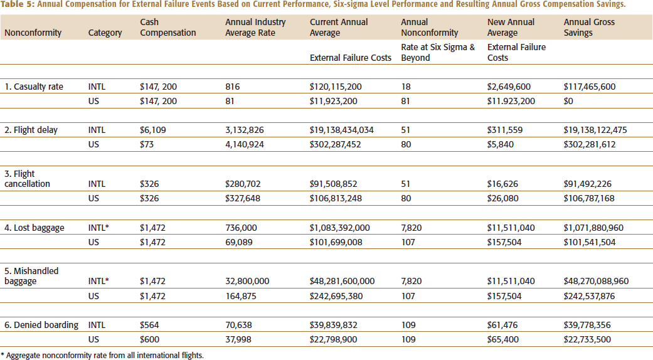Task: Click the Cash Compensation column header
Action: click(x=168, y=27)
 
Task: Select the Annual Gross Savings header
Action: click(x=589, y=27)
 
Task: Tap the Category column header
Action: click(x=105, y=33)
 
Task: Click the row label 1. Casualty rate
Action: click(x=34, y=87)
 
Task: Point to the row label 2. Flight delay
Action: click(x=31, y=130)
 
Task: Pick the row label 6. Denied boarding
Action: click(x=41, y=325)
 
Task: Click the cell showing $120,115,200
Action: click(x=336, y=87)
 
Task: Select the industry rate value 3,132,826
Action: click(x=245, y=130)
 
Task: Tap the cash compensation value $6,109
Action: click(x=153, y=130)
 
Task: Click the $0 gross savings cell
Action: click(x=568, y=101)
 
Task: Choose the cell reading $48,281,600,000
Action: click(x=342, y=282)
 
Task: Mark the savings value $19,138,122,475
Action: click(x=595, y=130)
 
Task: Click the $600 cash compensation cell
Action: click(x=149, y=339)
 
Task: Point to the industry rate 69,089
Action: click(x=238, y=242)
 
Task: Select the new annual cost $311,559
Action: click(x=505, y=130)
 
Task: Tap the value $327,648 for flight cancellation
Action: click(x=243, y=198)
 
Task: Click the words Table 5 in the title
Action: click(x=18, y=4)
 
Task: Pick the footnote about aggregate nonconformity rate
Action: click(x=102, y=356)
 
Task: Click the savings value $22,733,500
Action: click(x=587, y=339)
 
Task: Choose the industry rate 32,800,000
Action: click(x=247, y=282)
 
